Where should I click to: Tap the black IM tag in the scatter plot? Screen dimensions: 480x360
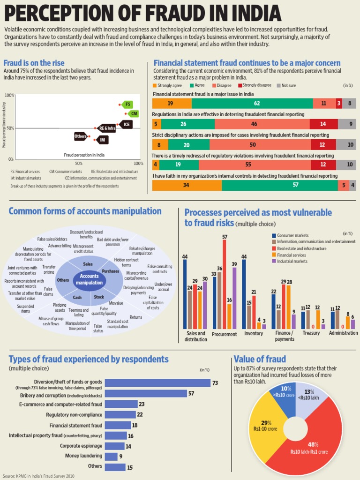click(102, 140)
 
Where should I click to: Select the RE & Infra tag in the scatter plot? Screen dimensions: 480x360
click(106, 128)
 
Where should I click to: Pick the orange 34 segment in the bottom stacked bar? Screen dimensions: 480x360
click(187, 185)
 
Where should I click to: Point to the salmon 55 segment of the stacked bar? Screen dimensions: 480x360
click(255, 165)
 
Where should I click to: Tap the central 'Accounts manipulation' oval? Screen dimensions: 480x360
click(89, 279)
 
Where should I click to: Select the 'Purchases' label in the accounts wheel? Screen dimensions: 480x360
click(111, 271)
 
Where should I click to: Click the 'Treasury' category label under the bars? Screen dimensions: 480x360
click(311, 333)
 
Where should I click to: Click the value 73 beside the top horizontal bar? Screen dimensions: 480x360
click(215, 383)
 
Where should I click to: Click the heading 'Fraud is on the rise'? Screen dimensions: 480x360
click(34, 63)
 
